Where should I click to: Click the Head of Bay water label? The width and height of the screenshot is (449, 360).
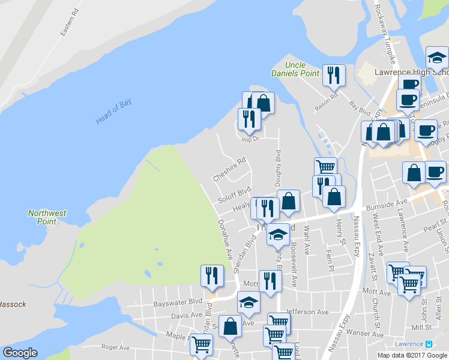(x=113, y=112)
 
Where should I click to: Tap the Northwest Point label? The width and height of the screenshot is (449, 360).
(x=47, y=217)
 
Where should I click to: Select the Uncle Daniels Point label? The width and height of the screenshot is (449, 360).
(x=303, y=69)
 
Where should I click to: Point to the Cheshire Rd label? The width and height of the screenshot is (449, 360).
(x=229, y=170)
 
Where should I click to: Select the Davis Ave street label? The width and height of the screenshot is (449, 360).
(x=187, y=314)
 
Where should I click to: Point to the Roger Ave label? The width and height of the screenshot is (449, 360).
(x=115, y=347)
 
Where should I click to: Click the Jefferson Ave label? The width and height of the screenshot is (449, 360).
(x=307, y=312)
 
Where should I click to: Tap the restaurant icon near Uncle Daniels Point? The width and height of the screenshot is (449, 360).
(x=334, y=75)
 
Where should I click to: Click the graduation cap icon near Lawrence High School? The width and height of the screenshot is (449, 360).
(x=436, y=58)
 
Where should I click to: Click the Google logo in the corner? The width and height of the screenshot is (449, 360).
(x=20, y=353)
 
